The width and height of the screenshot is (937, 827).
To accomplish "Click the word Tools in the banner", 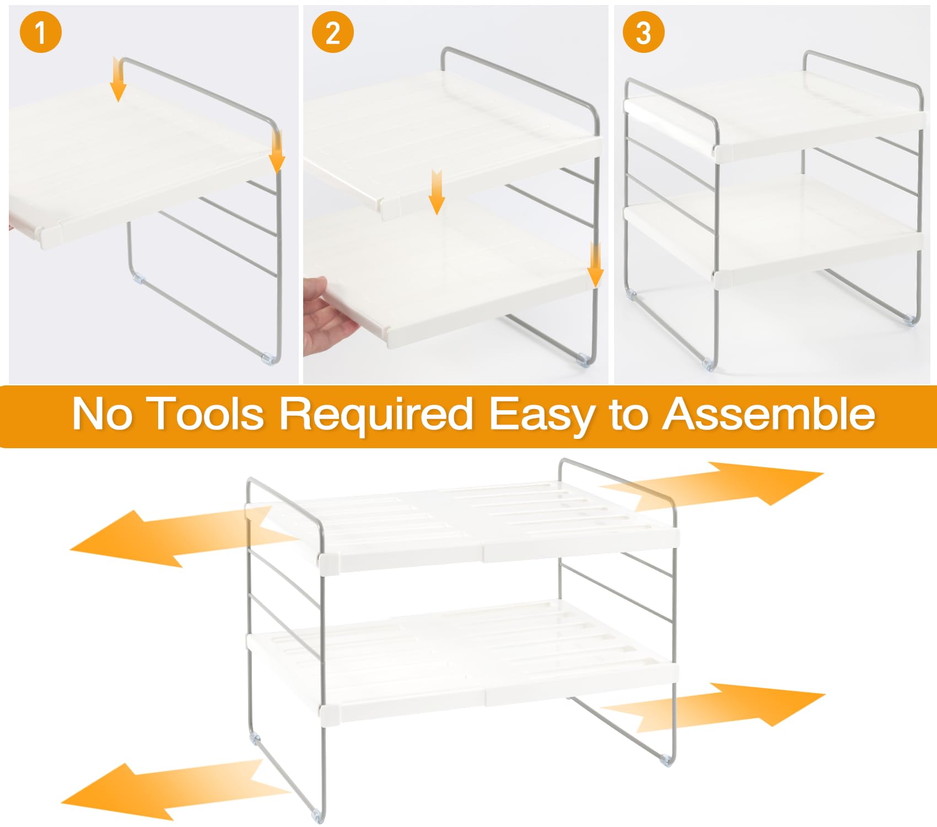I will pos(206,413).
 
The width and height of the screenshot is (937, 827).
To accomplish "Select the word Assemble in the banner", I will pos(769,413).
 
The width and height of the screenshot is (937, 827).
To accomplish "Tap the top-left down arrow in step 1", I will pos(118,80).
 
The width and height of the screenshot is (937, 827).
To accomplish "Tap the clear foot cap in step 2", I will pos(583,361).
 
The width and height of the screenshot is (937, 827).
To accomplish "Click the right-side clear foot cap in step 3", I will pos(911,320).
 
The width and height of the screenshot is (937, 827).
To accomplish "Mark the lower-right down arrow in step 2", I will pos(595,265).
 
